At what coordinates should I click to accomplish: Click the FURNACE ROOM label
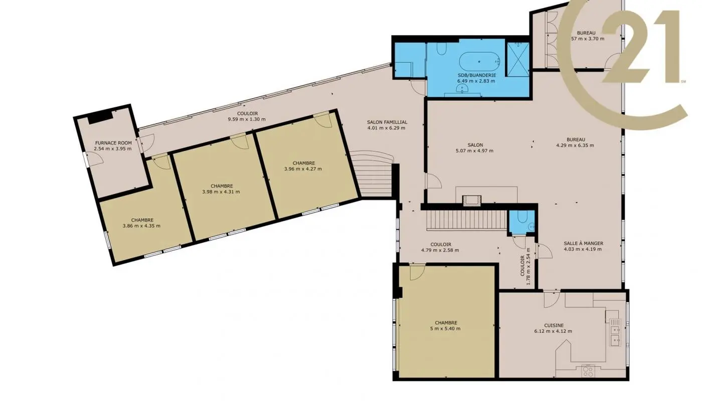113,143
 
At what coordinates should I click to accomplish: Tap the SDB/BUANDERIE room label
476,75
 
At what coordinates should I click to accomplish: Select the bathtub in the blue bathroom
479,62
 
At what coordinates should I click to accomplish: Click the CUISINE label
553,325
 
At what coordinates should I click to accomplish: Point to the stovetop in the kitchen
588,371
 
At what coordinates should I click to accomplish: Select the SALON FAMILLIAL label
387,122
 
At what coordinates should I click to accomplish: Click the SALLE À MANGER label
583,244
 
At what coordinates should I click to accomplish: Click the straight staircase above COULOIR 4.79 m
466,220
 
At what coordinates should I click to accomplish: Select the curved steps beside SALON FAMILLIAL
374,175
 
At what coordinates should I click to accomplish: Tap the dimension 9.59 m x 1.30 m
247,119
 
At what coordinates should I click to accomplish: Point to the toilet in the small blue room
521,218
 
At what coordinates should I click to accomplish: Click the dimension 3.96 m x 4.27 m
302,169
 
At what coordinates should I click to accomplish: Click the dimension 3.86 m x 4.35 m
141,226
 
